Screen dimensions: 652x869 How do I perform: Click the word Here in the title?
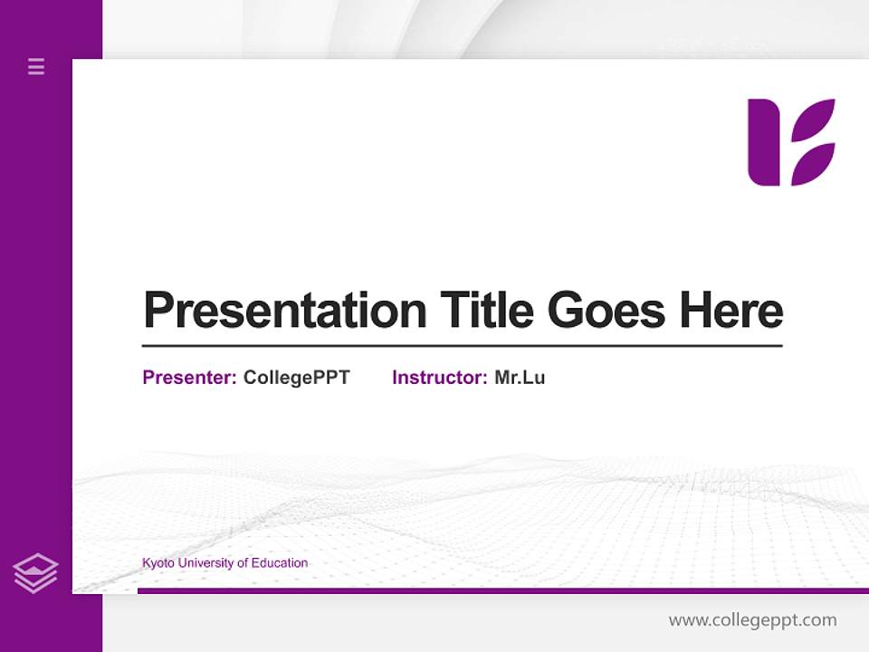click(x=731, y=311)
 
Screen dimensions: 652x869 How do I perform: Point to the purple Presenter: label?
click(x=189, y=378)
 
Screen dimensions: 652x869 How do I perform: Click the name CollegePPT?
click(x=296, y=378)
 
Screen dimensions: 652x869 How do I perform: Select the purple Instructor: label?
click(x=439, y=378)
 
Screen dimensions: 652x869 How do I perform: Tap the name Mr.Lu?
click(x=520, y=378)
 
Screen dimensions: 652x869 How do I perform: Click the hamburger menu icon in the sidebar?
click(x=36, y=66)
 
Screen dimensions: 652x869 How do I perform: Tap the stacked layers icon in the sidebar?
click(x=35, y=573)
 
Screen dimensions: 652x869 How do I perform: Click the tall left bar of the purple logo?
click(x=763, y=142)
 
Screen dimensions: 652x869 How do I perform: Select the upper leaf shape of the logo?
click(x=814, y=120)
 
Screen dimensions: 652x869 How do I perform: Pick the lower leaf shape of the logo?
click(x=812, y=165)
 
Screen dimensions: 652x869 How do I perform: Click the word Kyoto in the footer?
click(x=158, y=563)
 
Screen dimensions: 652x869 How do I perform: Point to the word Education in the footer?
click(x=280, y=563)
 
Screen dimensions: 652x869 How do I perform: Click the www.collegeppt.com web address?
click(x=752, y=620)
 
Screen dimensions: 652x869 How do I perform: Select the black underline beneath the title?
click(x=462, y=345)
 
